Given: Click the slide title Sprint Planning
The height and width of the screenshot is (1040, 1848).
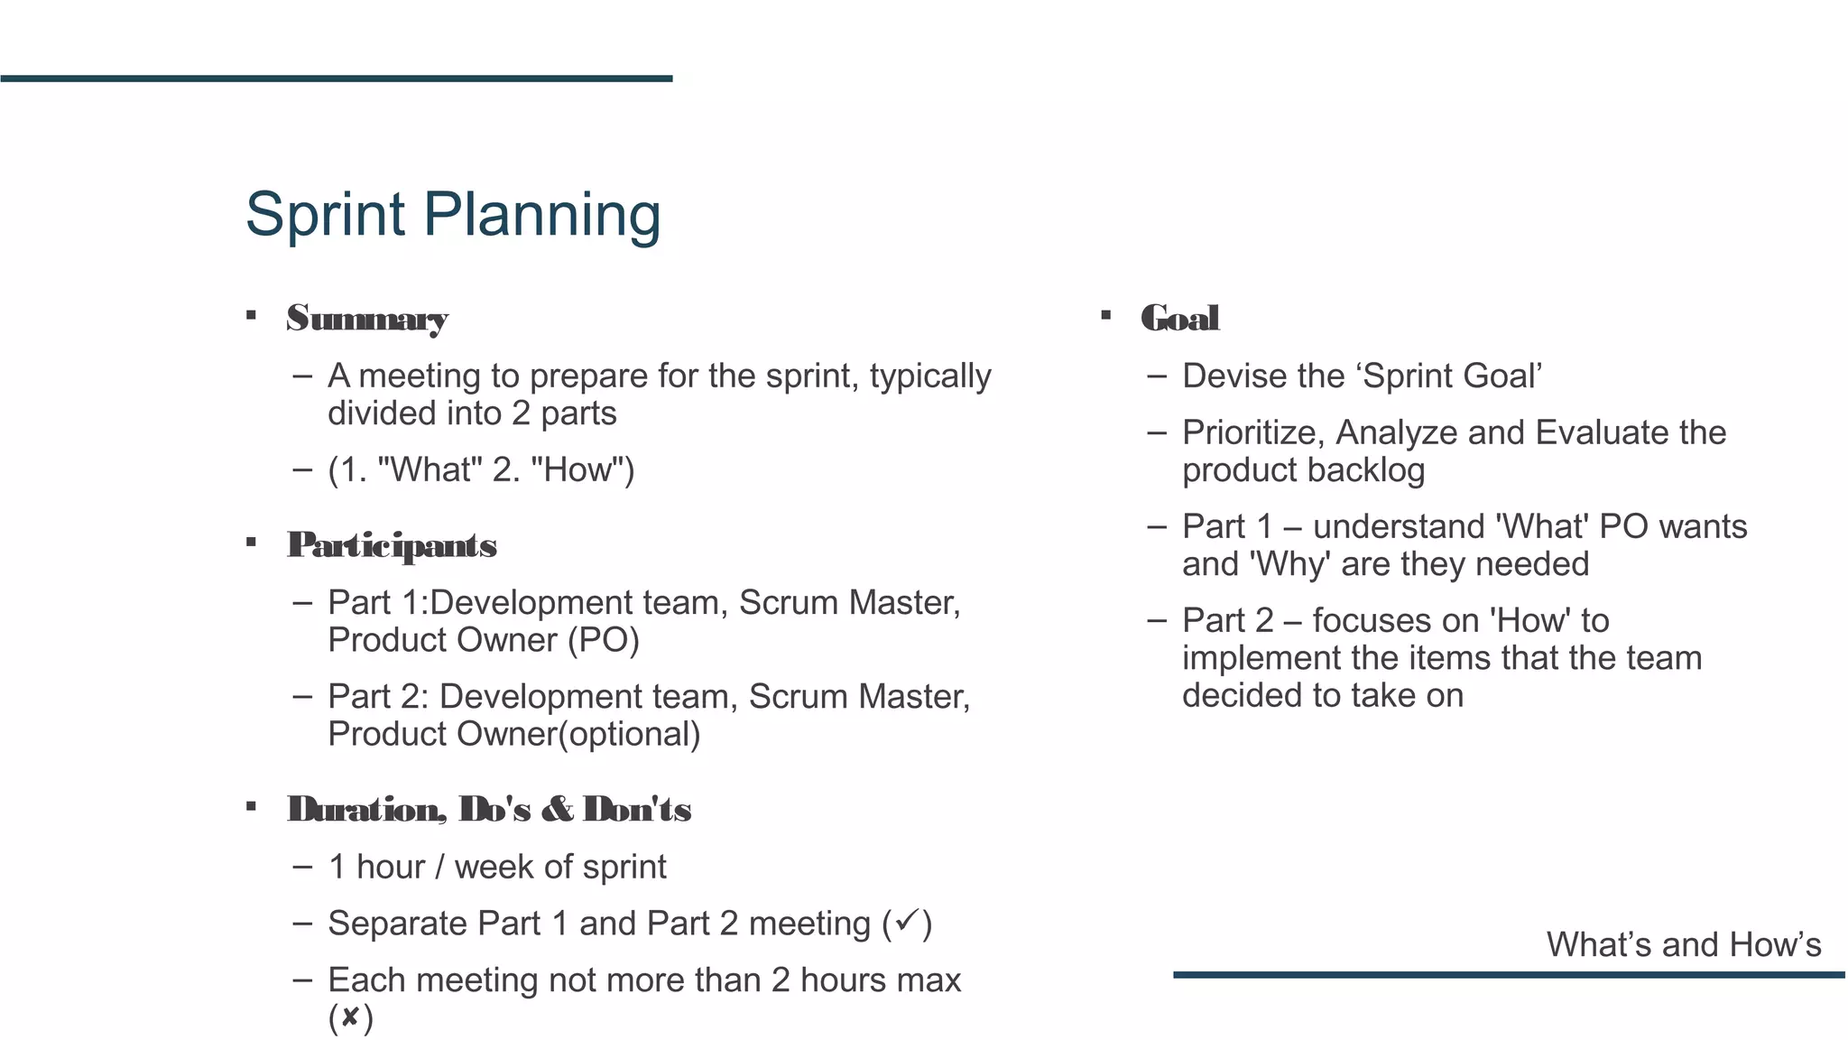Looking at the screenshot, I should tap(453, 215).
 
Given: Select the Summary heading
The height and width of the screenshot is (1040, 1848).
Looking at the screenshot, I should tap(367, 319).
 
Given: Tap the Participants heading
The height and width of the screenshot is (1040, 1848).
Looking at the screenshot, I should tap(392, 545).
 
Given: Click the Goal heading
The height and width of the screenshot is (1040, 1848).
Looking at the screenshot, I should tap(1180, 319).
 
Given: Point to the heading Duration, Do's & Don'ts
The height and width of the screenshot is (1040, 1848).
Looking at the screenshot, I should tap(489, 809).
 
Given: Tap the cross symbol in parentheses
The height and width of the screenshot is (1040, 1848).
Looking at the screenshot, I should tap(350, 1018).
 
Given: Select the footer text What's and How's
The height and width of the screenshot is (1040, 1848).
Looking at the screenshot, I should tap(1684, 944).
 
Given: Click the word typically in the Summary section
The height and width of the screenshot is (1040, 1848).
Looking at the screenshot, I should tap(930, 376).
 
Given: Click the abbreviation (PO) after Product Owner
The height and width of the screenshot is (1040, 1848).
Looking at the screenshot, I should tap(604, 640).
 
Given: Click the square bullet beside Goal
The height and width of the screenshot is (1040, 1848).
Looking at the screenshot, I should tap(1105, 315).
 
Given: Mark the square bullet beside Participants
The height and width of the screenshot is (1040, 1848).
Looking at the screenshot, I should tap(251, 542).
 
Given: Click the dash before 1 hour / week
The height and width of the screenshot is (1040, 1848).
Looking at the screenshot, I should tap(302, 867).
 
